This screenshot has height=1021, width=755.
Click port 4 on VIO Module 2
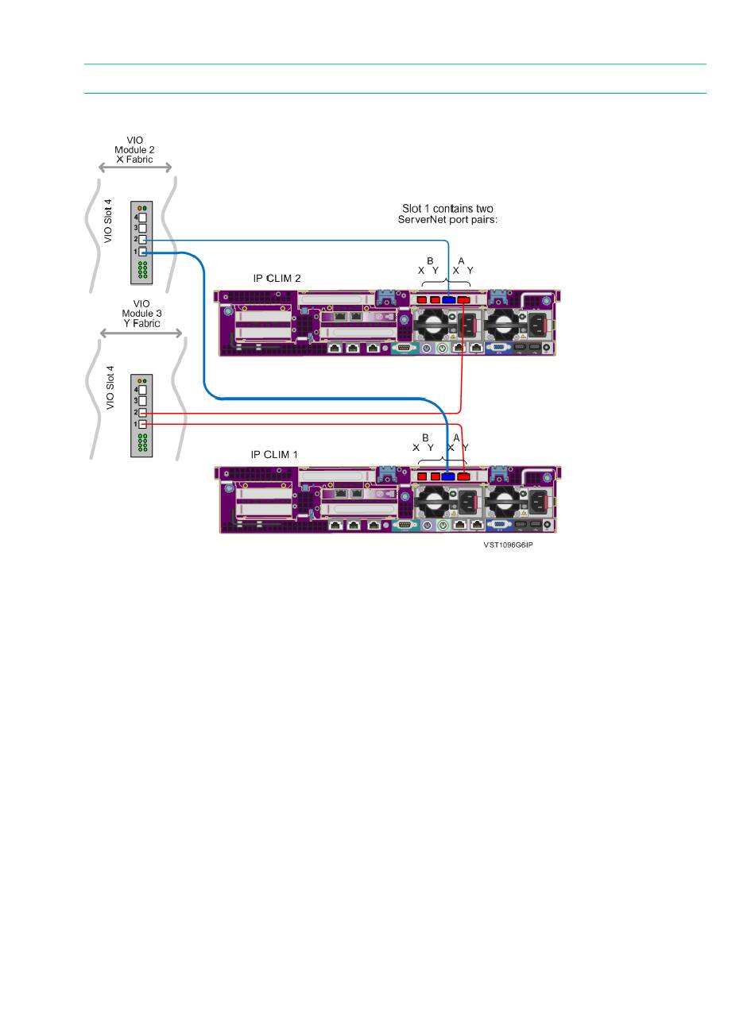143,218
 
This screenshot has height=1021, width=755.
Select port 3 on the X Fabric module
143,228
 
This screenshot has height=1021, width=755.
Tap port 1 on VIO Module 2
143,252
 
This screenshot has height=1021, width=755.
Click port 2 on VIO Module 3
143,413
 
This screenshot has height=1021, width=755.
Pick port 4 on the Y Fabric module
143,390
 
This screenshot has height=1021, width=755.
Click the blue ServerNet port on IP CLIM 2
448,299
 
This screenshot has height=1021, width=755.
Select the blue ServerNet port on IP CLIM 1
447,476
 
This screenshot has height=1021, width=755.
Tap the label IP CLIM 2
277,279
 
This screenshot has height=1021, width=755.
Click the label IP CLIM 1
274,454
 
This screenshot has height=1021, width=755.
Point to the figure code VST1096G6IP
508,545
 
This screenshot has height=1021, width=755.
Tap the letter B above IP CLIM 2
430,261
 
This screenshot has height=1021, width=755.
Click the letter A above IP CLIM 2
461,261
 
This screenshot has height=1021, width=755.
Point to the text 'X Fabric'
134,160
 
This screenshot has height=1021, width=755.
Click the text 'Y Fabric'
142,323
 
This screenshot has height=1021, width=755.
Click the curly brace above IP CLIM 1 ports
442,460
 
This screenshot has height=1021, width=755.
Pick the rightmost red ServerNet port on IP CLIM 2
463,299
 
